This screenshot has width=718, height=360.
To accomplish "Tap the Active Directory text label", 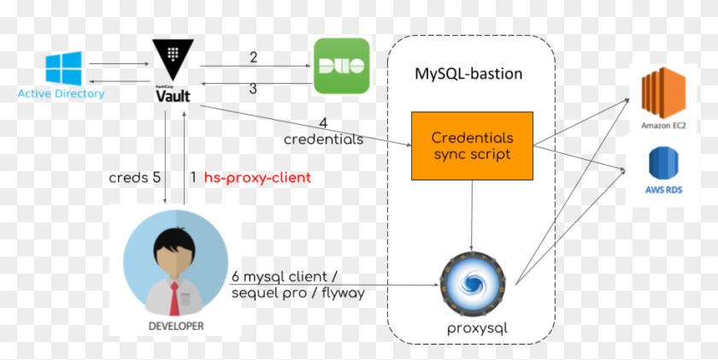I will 61,93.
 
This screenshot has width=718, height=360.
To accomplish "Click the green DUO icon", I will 341,66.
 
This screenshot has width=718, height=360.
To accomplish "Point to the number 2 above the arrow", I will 253,57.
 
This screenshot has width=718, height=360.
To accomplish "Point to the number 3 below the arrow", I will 253,88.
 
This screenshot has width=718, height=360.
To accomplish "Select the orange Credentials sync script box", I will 472,145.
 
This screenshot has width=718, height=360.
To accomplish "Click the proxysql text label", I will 472,328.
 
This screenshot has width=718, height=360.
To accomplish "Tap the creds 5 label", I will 134,177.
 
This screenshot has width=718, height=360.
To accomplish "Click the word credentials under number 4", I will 323,139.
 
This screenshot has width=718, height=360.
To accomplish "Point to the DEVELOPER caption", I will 175,326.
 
